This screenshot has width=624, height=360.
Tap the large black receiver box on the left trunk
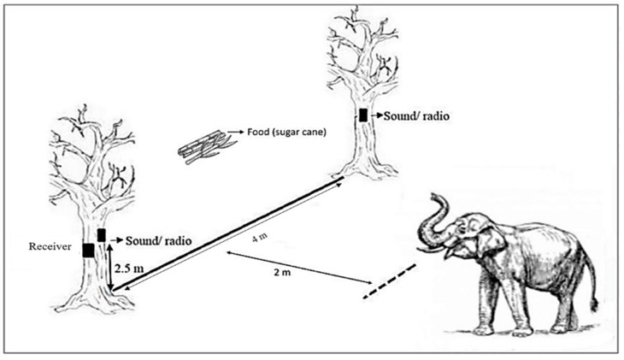tap(87, 250)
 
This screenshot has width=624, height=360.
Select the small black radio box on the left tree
tap(101, 234)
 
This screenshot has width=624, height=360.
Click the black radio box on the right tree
tap(363, 115)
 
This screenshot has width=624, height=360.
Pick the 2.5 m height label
tap(129, 269)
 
